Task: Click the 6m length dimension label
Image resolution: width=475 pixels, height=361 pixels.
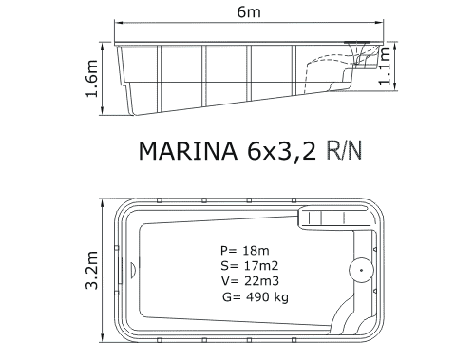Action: [249, 12]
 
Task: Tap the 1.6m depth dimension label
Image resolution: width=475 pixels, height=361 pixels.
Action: [92, 78]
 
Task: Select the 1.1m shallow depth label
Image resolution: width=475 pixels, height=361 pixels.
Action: [385, 66]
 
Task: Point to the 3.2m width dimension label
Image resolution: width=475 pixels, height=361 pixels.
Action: [92, 270]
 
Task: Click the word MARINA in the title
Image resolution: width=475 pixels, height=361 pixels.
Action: [188, 150]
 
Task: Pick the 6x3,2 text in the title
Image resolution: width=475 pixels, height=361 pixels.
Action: [281, 151]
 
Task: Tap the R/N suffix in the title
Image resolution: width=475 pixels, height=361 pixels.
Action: [344, 150]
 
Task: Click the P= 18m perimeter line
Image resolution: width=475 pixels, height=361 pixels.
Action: [245, 251]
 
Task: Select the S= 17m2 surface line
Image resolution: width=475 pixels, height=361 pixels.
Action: [250, 266]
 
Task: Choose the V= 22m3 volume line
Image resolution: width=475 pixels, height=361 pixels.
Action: [250, 281]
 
